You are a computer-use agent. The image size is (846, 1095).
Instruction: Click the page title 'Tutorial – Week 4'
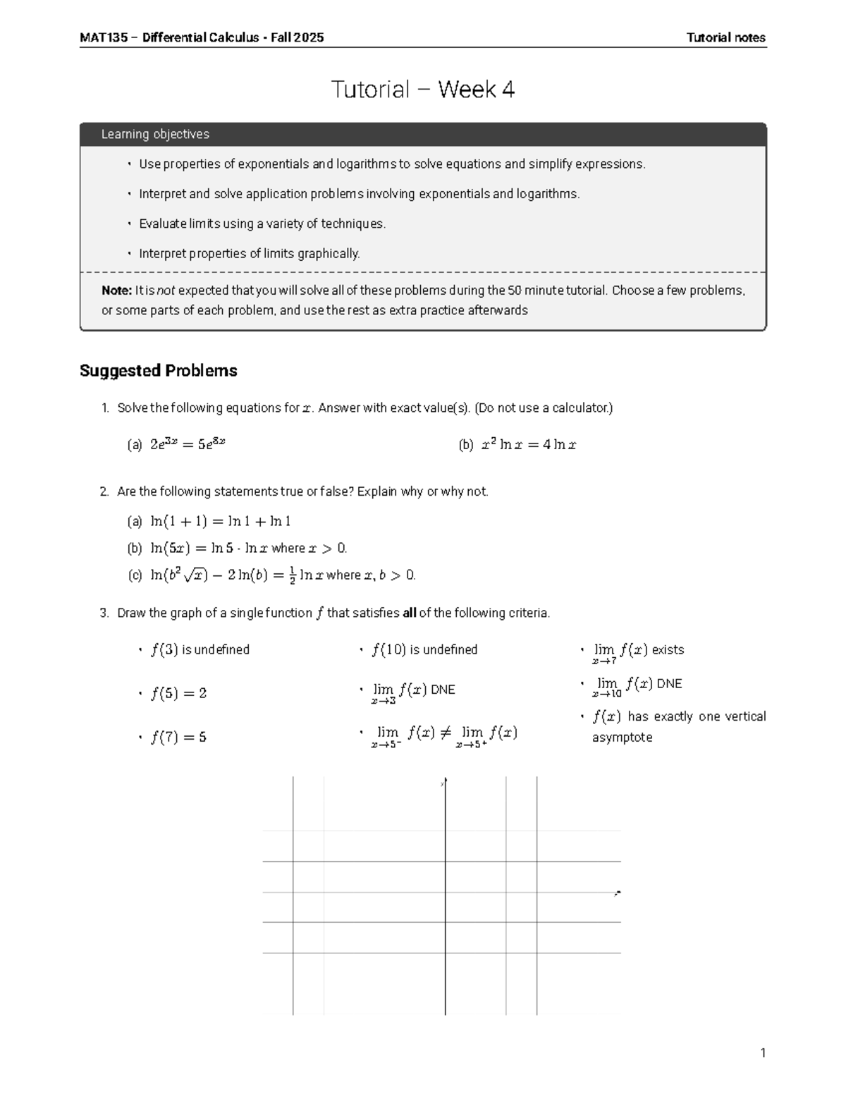pyautogui.click(x=423, y=90)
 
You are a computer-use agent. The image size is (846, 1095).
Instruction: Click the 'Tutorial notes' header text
pyautogui.click(x=725, y=38)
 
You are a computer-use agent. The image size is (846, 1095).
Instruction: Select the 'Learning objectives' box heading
pyautogui.click(x=155, y=134)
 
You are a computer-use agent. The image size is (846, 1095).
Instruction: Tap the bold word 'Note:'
pyautogui.click(x=116, y=290)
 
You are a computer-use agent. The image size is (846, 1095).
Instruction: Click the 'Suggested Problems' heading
pyautogui.click(x=159, y=371)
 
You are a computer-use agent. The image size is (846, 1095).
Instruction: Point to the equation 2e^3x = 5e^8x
pyautogui.click(x=188, y=444)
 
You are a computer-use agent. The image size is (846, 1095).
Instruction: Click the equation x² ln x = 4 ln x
pyautogui.click(x=528, y=445)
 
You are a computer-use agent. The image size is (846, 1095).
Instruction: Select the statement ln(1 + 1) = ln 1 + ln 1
pyautogui.click(x=221, y=521)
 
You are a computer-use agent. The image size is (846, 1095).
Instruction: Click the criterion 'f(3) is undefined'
pyautogui.click(x=200, y=650)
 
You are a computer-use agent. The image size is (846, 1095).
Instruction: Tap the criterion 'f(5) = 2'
pyautogui.click(x=178, y=694)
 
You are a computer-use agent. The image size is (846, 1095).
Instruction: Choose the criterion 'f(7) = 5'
pyautogui.click(x=178, y=738)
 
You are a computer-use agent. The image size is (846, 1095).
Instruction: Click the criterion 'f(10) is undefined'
pyautogui.click(x=424, y=650)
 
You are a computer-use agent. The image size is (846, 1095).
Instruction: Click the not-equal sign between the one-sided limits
pyautogui.click(x=444, y=733)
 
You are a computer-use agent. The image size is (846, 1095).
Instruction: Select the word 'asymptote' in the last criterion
pyautogui.click(x=622, y=738)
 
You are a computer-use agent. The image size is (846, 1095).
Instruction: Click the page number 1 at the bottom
pyautogui.click(x=762, y=1053)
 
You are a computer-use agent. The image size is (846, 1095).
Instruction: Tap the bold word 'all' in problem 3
pyautogui.click(x=410, y=613)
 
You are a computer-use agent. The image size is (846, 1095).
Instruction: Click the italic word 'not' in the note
pyautogui.click(x=166, y=290)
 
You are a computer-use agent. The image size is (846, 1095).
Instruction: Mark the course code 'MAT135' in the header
pyautogui.click(x=104, y=38)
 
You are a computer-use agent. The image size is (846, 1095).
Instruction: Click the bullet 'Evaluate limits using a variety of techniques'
pyautogui.click(x=262, y=224)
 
